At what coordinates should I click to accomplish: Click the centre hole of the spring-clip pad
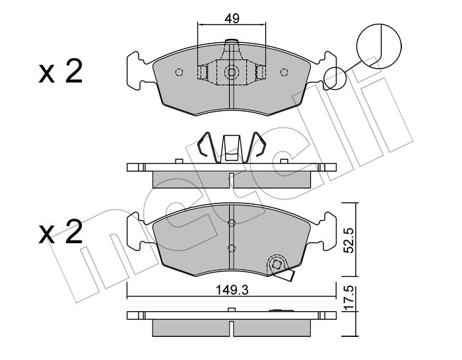click(231, 73)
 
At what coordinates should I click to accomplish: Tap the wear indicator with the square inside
click(277, 267)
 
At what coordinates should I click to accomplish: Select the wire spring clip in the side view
click(231, 149)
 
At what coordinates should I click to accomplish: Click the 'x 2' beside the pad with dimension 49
click(60, 71)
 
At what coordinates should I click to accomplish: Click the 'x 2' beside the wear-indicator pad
click(60, 233)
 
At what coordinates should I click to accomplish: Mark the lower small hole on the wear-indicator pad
click(230, 248)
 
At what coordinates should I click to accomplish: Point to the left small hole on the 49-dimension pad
click(178, 73)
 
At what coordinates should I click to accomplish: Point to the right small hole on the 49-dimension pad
click(284, 73)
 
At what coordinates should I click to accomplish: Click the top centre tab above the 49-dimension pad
click(231, 46)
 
